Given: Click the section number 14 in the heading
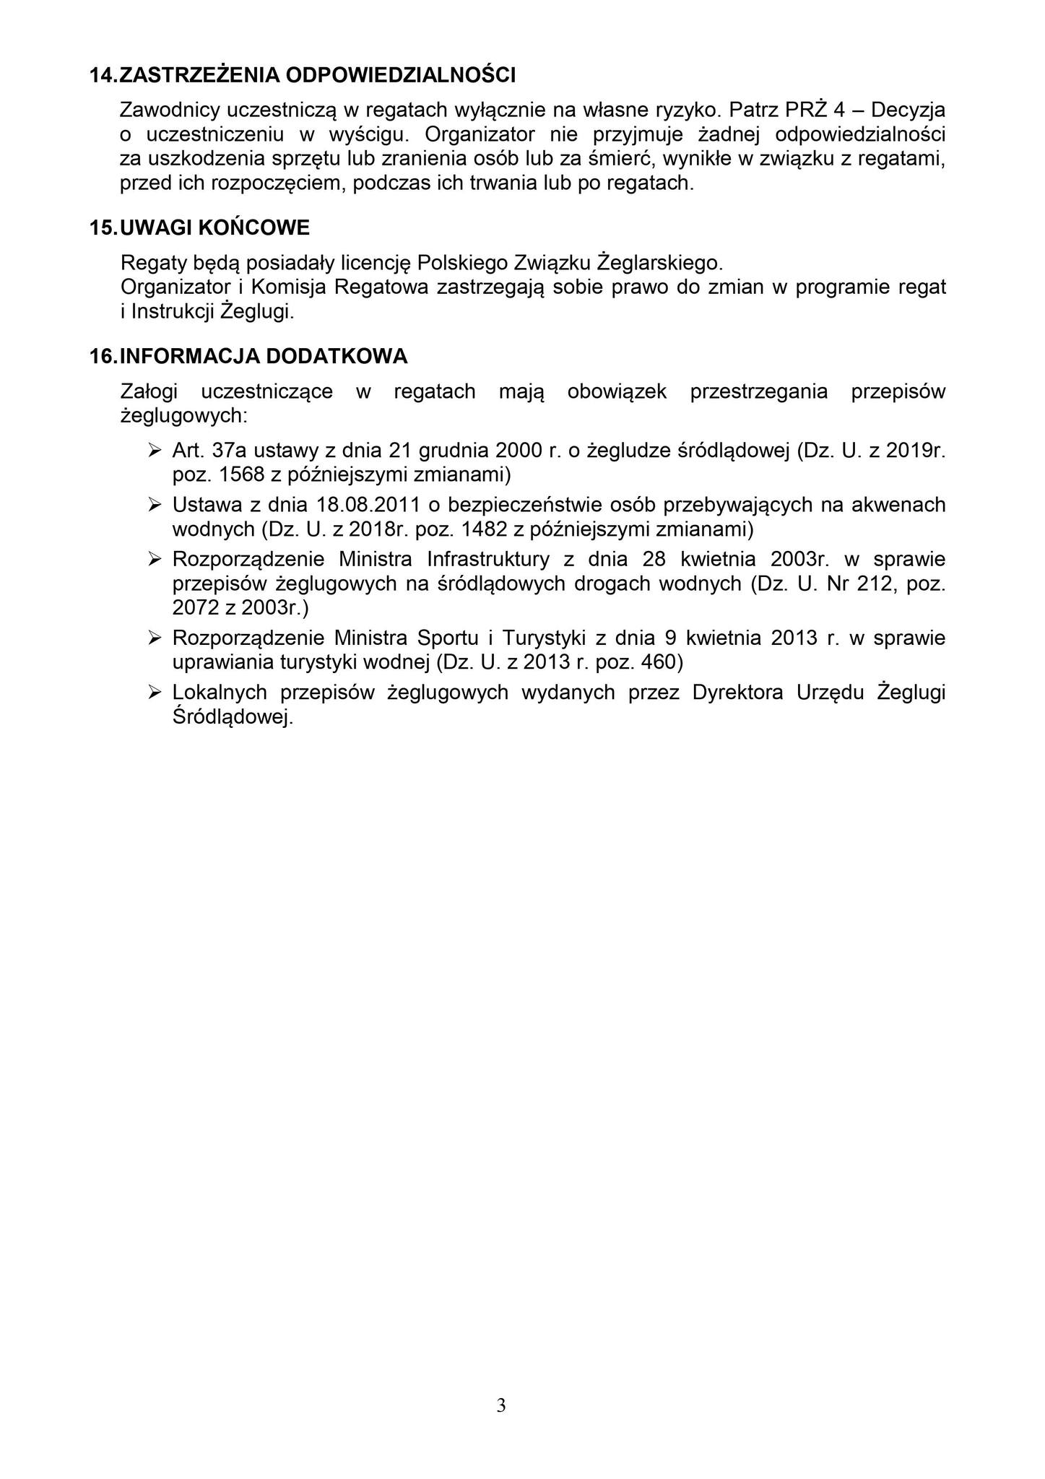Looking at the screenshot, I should tap(101, 75).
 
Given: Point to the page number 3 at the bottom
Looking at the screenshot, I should tap(501, 1405).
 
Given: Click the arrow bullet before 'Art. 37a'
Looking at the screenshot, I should tap(154, 451).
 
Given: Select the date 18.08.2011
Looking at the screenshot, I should tap(368, 505).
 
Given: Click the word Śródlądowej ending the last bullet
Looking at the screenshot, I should tap(233, 717).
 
